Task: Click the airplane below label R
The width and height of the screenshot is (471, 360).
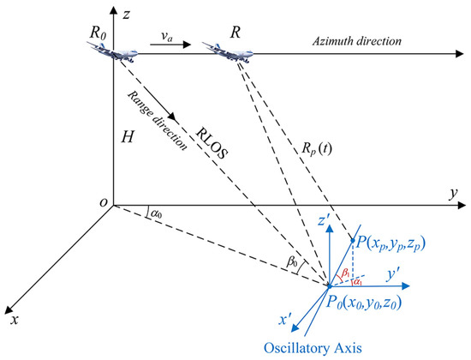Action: click(225, 52)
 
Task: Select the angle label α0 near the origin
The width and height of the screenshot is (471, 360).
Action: click(154, 211)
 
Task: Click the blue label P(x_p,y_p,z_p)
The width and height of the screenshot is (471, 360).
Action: click(402, 243)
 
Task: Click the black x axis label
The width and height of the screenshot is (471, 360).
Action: click(12, 320)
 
